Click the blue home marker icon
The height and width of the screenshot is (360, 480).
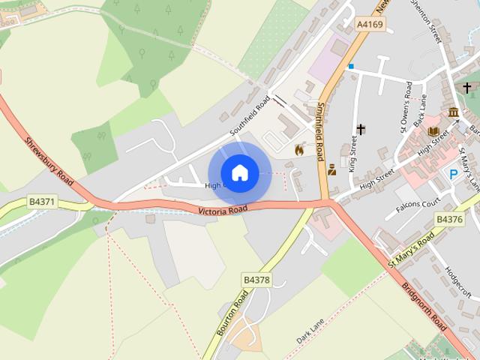point(239,173)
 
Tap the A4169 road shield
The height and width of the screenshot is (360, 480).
point(369,25)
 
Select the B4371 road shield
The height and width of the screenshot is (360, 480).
point(42,202)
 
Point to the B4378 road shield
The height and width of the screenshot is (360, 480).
point(256,280)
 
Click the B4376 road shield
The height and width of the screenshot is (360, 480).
point(449,219)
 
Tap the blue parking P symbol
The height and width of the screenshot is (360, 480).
point(453,174)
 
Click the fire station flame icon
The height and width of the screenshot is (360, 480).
point(299,149)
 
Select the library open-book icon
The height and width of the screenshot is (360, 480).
point(433,131)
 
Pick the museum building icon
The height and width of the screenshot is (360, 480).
point(453,113)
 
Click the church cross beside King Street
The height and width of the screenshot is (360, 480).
point(361,130)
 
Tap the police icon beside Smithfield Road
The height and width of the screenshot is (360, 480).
point(331,169)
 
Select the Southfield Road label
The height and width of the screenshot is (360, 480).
point(250,117)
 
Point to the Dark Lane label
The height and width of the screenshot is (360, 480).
point(310,331)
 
